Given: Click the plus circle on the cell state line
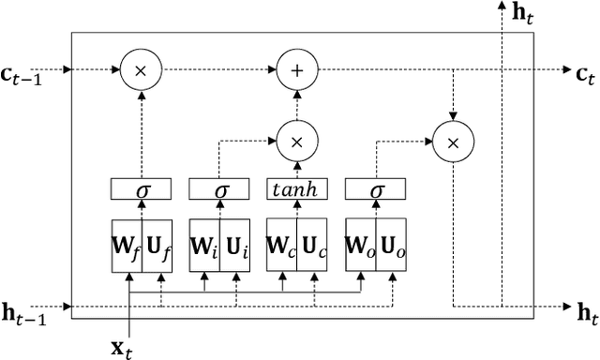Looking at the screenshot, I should point(297,69).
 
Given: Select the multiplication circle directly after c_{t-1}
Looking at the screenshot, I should point(141,69).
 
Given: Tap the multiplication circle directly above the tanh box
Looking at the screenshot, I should point(297,142).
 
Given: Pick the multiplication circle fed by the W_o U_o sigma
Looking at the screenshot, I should point(453,142).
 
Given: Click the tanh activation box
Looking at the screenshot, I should point(297,190).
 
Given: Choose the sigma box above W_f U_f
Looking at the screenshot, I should point(142,190).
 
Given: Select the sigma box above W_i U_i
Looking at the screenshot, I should point(219,190).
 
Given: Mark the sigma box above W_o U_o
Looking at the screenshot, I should point(375,190).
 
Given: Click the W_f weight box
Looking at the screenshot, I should point(127,247).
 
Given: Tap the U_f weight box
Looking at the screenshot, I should point(157,247).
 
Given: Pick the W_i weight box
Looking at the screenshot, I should point(204,247).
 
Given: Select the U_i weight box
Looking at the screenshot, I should point(235,247).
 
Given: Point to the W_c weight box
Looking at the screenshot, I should point(282,247).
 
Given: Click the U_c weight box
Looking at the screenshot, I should point(313,247).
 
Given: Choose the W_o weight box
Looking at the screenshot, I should point(360,247).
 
